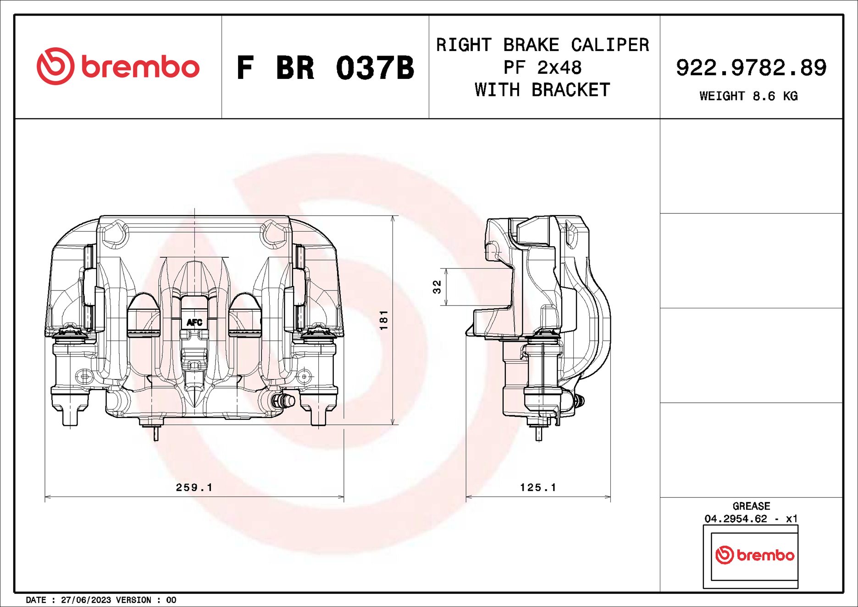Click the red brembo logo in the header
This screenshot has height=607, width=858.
(x=118, y=67)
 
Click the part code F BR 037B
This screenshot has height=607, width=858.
(x=325, y=68)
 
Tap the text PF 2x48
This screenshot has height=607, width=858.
(x=542, y=68)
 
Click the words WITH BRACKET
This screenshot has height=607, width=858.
(x=542, y=90)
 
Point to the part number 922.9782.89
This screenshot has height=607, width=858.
(x=751, y=68)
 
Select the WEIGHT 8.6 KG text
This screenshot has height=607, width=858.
(x=748, y=96)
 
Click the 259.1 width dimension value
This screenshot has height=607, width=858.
(x=194, y=487)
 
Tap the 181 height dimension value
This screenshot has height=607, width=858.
(x=384, y=320)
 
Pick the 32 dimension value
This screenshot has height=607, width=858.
(x=437, y=287)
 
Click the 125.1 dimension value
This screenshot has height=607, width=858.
(x=538, y=487)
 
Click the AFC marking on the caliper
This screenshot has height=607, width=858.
(x=194, y=323)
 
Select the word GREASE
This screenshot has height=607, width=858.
(x=751, y=506)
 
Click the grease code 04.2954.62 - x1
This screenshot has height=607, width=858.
(x=751, y=519)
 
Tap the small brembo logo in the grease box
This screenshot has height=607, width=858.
(x=754, y=555)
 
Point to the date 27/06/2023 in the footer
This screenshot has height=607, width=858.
(x=86, y=600)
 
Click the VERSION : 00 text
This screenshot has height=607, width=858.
(x=146, y=600)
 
